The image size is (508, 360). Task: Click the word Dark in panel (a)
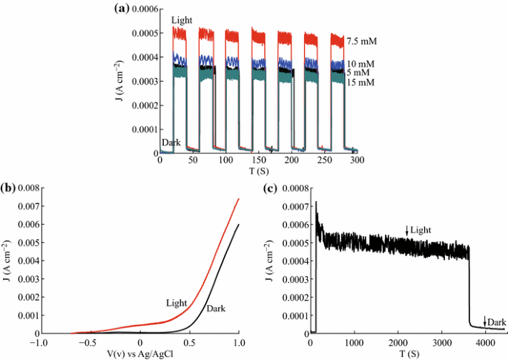click(x=171, y=142)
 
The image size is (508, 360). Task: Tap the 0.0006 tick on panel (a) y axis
click(x=139, y=9)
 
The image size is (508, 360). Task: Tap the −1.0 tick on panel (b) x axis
click(x=40, y=343)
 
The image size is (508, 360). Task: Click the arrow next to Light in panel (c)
click(x=406, y=231)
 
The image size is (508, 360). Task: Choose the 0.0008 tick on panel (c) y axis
click(x=292, y=190)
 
